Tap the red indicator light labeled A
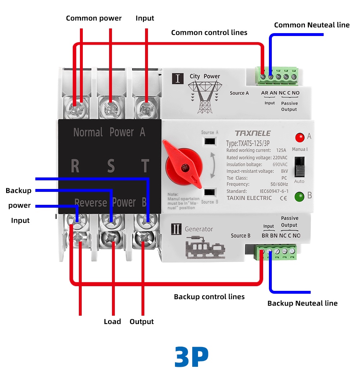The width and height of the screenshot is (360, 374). click(x=300, y=137)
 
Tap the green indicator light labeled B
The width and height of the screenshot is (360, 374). click(x=300, y=197)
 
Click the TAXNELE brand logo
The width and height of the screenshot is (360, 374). click(x=252, y=133)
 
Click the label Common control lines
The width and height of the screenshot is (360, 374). click(x=209, y=33)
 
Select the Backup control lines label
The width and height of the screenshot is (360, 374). click(x=209, y=297)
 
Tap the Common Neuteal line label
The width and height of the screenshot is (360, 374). click(x=312, y=25)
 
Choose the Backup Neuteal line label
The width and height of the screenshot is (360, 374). click(x=302, y=303)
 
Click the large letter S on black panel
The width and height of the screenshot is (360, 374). click(x=111, y=166)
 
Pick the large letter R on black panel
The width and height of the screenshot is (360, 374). click(x=75, y=166)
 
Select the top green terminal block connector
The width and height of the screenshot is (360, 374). click(x=277, y=76)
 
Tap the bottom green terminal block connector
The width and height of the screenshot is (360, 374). click(x=276, y=252)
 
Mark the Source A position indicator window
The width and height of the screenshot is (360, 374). click(x=210, y=141)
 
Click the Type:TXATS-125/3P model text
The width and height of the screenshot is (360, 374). click(x=248, y=143)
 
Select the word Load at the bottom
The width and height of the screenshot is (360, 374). click(x=112, y=322)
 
